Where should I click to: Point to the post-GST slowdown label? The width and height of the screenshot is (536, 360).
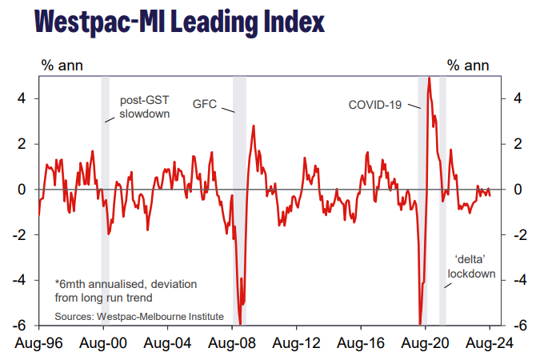click(x=145, y=107)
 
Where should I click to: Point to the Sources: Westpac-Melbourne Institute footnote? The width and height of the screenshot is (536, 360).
click(x=139, y=317)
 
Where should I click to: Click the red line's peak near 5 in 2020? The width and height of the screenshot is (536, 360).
click(x=430, y=78)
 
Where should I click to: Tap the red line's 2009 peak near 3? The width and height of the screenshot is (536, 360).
click(x=254, y=126)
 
